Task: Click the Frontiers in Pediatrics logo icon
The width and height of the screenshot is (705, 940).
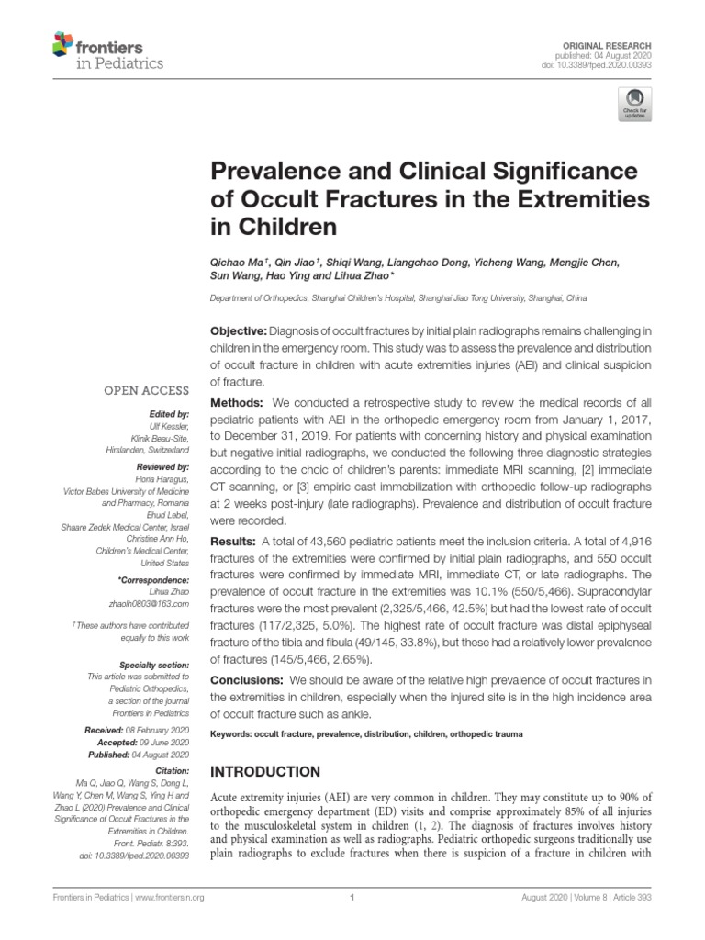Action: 63,43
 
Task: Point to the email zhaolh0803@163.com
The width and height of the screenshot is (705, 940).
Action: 150,605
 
